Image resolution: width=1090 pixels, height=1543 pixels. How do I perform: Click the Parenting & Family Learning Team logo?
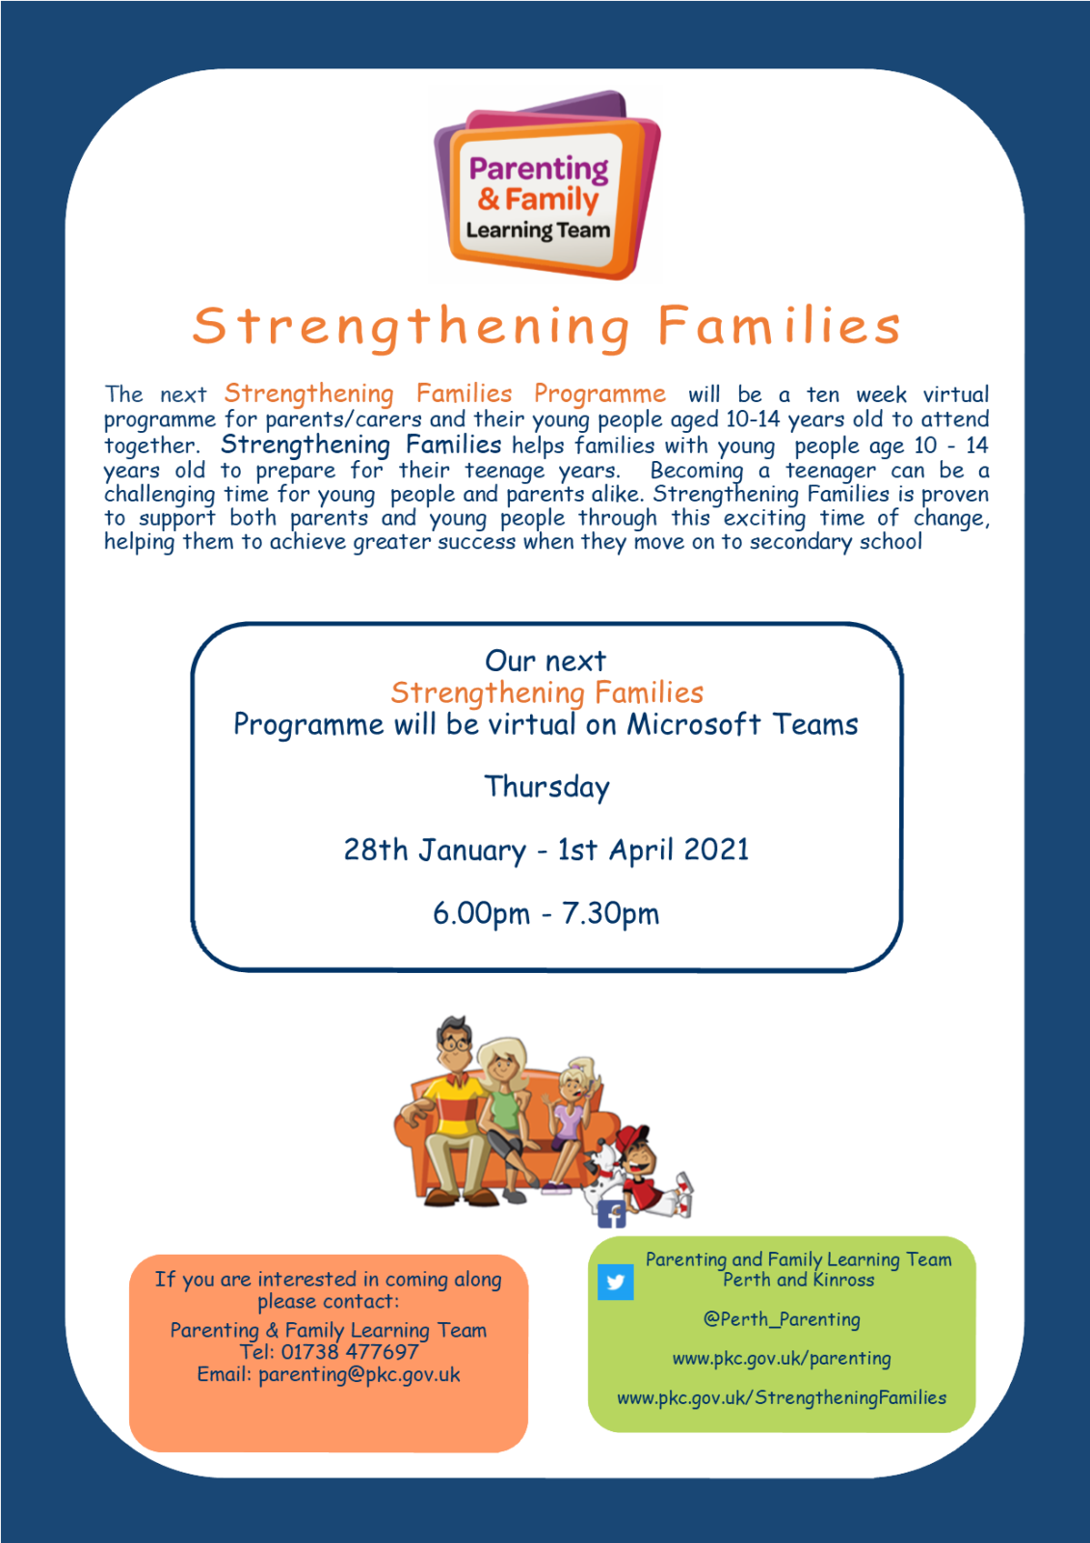[x=546, y=184]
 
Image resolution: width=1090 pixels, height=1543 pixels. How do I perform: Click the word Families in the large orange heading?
[x=779, y=325]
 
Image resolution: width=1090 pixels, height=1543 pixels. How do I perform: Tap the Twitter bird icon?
[x=615, y=1282]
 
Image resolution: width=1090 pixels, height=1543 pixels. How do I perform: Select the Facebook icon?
[x=611, y=1214]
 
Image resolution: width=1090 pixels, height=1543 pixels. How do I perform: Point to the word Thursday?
[x=546, y=787]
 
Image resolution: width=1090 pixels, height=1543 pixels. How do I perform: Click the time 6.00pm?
[x=481, y=914]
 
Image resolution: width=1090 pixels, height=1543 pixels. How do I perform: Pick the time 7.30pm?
[x=611, y=914]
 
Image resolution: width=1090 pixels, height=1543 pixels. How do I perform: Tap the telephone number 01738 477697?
[x=350, y=1351]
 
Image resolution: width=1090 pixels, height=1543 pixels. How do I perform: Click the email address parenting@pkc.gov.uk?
[x=359, y=1375]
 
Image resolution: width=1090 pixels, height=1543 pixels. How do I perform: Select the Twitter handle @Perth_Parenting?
[x=782, y=1319]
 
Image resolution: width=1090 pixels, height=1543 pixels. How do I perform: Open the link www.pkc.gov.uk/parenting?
[x=782, y=1359]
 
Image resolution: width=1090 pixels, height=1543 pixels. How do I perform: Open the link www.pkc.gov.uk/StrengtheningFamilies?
[x=782, y=1397]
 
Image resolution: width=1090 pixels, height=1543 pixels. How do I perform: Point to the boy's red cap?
[x=631, y=1136]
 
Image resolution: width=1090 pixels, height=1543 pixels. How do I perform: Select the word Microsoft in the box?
[x=693, y=724]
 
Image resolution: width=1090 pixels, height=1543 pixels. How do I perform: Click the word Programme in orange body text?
[x=599, y=394]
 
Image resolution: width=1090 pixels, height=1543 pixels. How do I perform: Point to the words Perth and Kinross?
[x=798, y=1280]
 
